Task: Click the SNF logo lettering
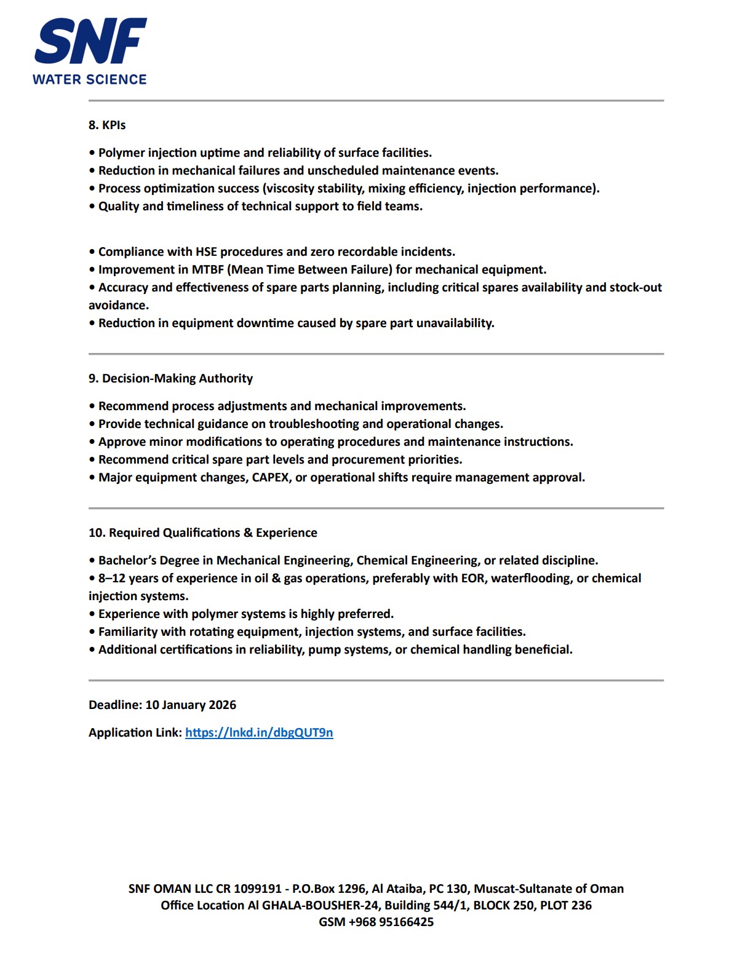click(90, 41)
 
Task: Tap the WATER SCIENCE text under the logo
click(90, 79)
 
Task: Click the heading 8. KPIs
click(107, 125)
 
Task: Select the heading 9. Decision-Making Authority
click(170, 378)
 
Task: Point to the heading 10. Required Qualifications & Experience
click(203, 533)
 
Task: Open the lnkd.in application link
click(259, 732)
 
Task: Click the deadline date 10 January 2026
click(191, 705)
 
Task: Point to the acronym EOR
click(472, 578)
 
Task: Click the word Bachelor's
click(127, 560)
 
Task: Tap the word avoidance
click(118, 305)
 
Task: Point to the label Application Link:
click(135, 732)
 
